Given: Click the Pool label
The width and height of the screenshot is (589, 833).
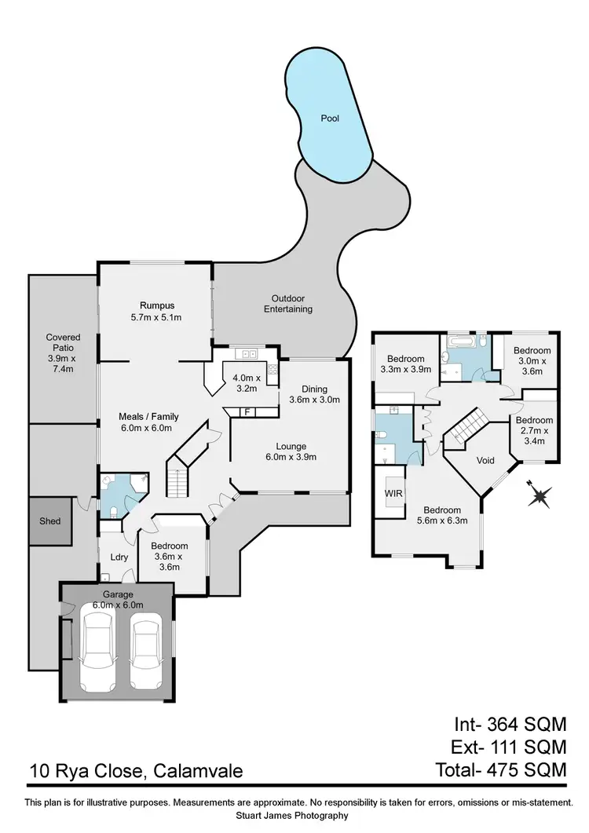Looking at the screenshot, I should (x=330, y=119).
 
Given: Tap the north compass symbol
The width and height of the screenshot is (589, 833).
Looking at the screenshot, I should (x=540, y=496).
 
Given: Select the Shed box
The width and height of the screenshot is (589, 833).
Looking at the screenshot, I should (x=50, y=521).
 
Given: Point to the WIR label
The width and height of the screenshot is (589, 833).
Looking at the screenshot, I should (x=393, y=494).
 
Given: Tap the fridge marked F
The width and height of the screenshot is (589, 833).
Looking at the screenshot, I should (x=247, y=411).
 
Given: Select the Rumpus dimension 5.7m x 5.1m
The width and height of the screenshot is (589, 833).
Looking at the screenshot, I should (x=156, y=317).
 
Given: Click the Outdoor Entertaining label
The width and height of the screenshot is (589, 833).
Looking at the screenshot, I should (x=292, y=304).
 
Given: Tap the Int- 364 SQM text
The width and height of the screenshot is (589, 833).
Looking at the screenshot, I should (x=510, y=723).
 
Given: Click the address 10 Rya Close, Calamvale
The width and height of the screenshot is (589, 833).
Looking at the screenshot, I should (x=136, y=771).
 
